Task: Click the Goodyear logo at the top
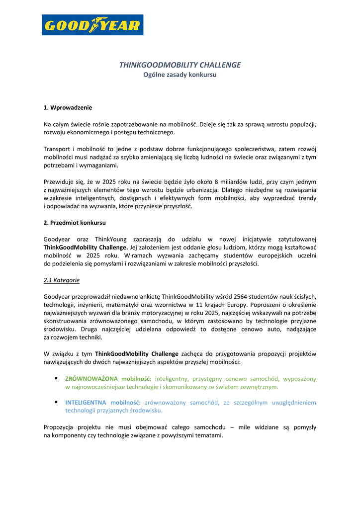tap(92, 25)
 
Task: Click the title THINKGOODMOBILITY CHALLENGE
tap(180, 65)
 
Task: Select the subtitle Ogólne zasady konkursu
tap(180, 75)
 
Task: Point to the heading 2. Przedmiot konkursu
tap(75, 223)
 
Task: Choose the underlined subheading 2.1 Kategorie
tap(62, 280)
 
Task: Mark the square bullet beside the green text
tap(56, 378)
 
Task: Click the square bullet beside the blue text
tap(56, 402)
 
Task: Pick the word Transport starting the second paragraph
tap(56, 149)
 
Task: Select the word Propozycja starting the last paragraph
tap(59, 427)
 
